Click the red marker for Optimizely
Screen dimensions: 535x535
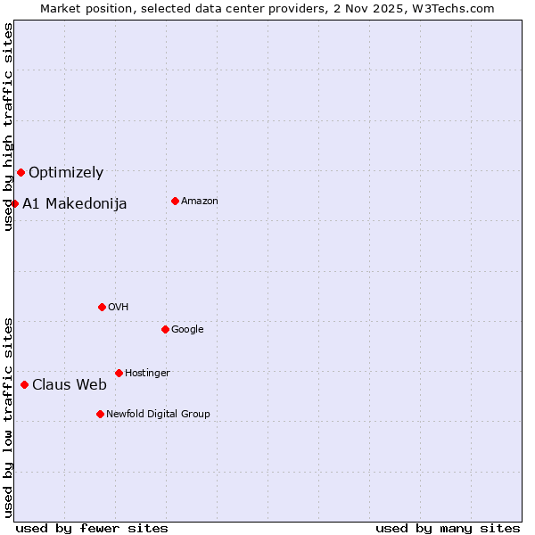[21, 172]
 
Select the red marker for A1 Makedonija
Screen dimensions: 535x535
[14, 203]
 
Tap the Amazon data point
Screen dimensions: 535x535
[175, 201]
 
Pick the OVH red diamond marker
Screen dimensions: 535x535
[102, 307]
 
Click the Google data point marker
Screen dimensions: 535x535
[165, 329]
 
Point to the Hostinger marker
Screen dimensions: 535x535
[119, 373]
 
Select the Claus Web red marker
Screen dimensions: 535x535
[24, 384]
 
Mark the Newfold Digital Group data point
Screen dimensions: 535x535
[100, 414]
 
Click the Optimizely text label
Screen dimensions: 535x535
[66, 173]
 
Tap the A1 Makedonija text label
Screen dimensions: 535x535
[75, 204]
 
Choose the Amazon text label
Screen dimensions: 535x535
[200, 202]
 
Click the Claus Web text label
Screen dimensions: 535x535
[70, 385]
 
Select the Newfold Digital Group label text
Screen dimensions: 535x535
[159, 414]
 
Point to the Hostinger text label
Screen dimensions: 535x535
[147, 373]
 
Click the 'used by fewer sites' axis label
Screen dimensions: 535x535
[92, 528]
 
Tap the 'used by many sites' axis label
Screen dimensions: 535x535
[448, 528]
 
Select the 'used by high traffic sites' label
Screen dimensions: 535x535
[8, 127]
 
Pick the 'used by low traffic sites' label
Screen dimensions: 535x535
[8, 416]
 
